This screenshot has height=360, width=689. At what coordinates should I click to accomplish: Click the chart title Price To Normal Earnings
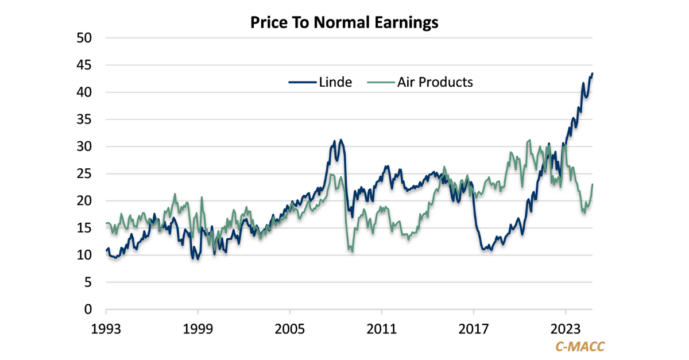(344, 23)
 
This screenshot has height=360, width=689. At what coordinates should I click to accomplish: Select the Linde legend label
(335, 82)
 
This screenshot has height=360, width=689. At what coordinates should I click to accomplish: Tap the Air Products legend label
(435, 82)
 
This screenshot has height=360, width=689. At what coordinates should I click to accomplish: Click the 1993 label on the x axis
(106, 330)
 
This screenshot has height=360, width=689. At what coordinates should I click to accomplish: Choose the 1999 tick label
(198, 330)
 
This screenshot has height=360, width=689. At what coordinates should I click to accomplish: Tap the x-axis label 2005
(290, 330)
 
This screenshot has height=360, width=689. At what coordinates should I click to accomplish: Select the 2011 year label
(382, 330)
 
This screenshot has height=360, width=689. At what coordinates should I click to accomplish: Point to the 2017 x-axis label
(474, 330)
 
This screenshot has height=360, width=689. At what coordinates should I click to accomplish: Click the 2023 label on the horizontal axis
(566, 330)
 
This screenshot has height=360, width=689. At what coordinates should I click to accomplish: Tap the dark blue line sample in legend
(301, 82)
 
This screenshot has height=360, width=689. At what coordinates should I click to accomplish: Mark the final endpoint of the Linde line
(593, 73)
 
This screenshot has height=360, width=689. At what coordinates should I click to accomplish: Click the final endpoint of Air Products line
(593, 184)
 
